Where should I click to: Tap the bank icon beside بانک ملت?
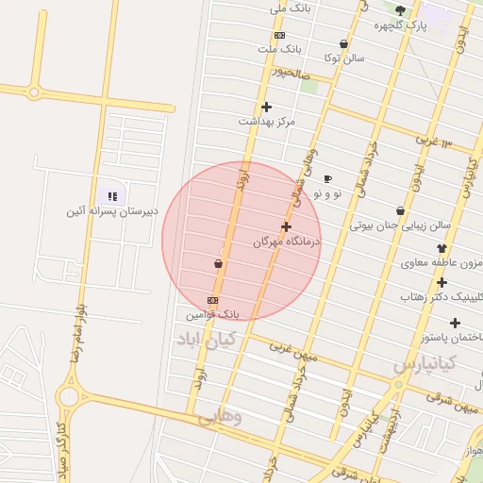click(x=279, y=35)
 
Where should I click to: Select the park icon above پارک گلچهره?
click(x=400, y=11)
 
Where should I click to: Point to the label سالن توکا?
click(x=344, y=58)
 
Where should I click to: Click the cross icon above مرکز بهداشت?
click(x=266, y=107)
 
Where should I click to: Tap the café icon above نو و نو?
click(x=327, y=178)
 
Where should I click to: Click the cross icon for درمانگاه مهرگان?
click(x=287, y=226)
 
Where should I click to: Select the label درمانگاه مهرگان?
click(x=287, y=241)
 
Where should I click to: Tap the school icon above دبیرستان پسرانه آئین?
click(x=112, y=196)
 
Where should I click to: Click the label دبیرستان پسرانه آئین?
click(x=111, y=211)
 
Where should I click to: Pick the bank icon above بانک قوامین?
click(x=212, y=300)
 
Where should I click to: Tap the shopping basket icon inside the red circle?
click(x=219, y=263)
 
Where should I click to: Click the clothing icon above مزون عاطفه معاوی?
click(x=441, y=248)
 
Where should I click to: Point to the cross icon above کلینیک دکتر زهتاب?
click(x=441, y=281)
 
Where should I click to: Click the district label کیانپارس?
click(x=425, y=363)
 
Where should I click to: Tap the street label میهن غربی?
click(x=295, y=350)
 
